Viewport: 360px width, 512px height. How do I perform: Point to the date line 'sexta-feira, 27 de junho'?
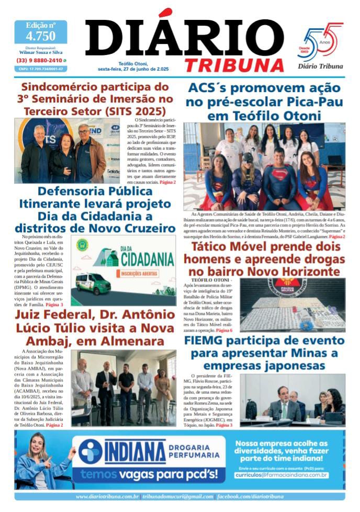(133, 69)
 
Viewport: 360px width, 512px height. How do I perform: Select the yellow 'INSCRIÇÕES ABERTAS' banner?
(140, 272)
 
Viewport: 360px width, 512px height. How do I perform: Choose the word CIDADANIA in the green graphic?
(148, 259)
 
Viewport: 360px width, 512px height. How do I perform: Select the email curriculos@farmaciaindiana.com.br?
(281, 474)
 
